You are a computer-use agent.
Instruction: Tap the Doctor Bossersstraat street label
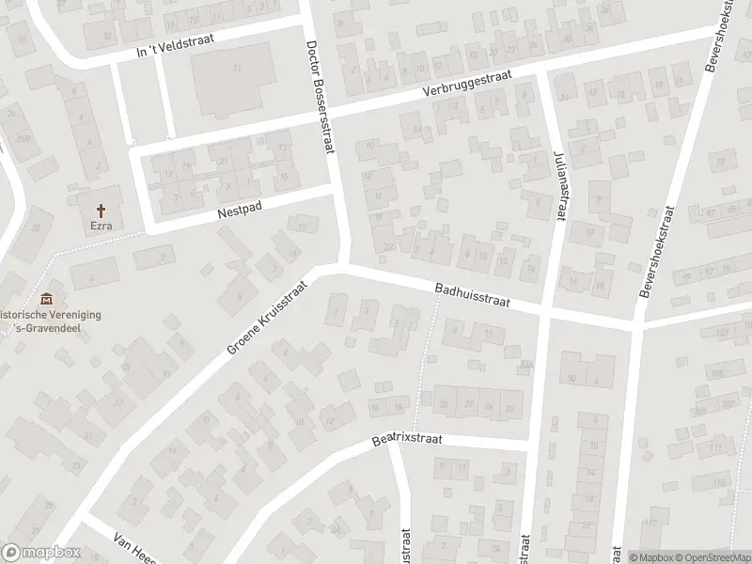click(x=321, y=99)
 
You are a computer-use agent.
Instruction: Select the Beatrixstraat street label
click(x=406, y=438)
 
